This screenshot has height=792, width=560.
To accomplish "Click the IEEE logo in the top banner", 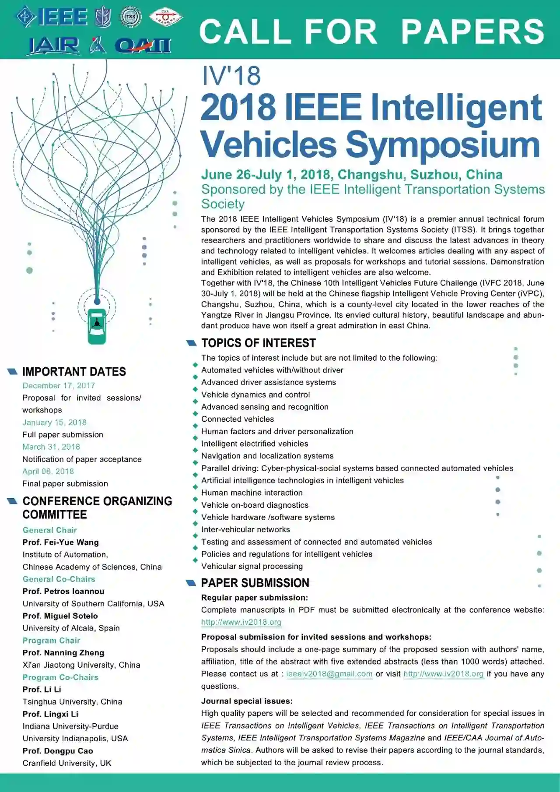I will (x=52, y=17).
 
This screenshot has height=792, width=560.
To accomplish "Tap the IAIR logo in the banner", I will (x=54, y=46).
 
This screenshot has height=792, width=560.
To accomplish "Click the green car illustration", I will (x=97, y=326).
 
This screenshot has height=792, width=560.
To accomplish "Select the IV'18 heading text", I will (x=231, y=75).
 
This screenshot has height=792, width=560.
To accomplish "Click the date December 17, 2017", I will (x=59, y=386).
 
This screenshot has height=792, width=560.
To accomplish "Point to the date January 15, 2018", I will (x=55, y=422).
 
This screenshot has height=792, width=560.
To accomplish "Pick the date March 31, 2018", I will (x=51, y=447).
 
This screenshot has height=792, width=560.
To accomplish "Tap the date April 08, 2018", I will (x=48, y=472).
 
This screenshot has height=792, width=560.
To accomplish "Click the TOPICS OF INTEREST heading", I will (x=258, y=343).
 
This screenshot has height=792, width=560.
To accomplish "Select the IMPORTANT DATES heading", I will (x=74, y=372).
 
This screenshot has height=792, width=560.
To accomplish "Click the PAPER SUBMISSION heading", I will (x=255, y=583).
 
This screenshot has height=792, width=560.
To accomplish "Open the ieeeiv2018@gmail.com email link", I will (x=329, y=674).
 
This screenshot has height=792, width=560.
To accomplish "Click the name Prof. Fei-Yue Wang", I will (x=61, y=542).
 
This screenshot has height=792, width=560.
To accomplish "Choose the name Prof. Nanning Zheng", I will (x=63, y=653).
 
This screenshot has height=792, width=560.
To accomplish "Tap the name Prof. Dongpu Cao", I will (x=58, y=751).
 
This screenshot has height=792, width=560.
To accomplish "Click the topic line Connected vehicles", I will (x=238, y=419).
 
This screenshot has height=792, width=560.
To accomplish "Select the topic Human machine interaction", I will (x=252, y=493).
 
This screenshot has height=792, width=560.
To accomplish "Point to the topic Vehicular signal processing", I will (x=252, y=566).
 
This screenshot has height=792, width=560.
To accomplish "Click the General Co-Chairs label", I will (x=59, y=579).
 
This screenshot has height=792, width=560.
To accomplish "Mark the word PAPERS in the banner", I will (x=472, y=32).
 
